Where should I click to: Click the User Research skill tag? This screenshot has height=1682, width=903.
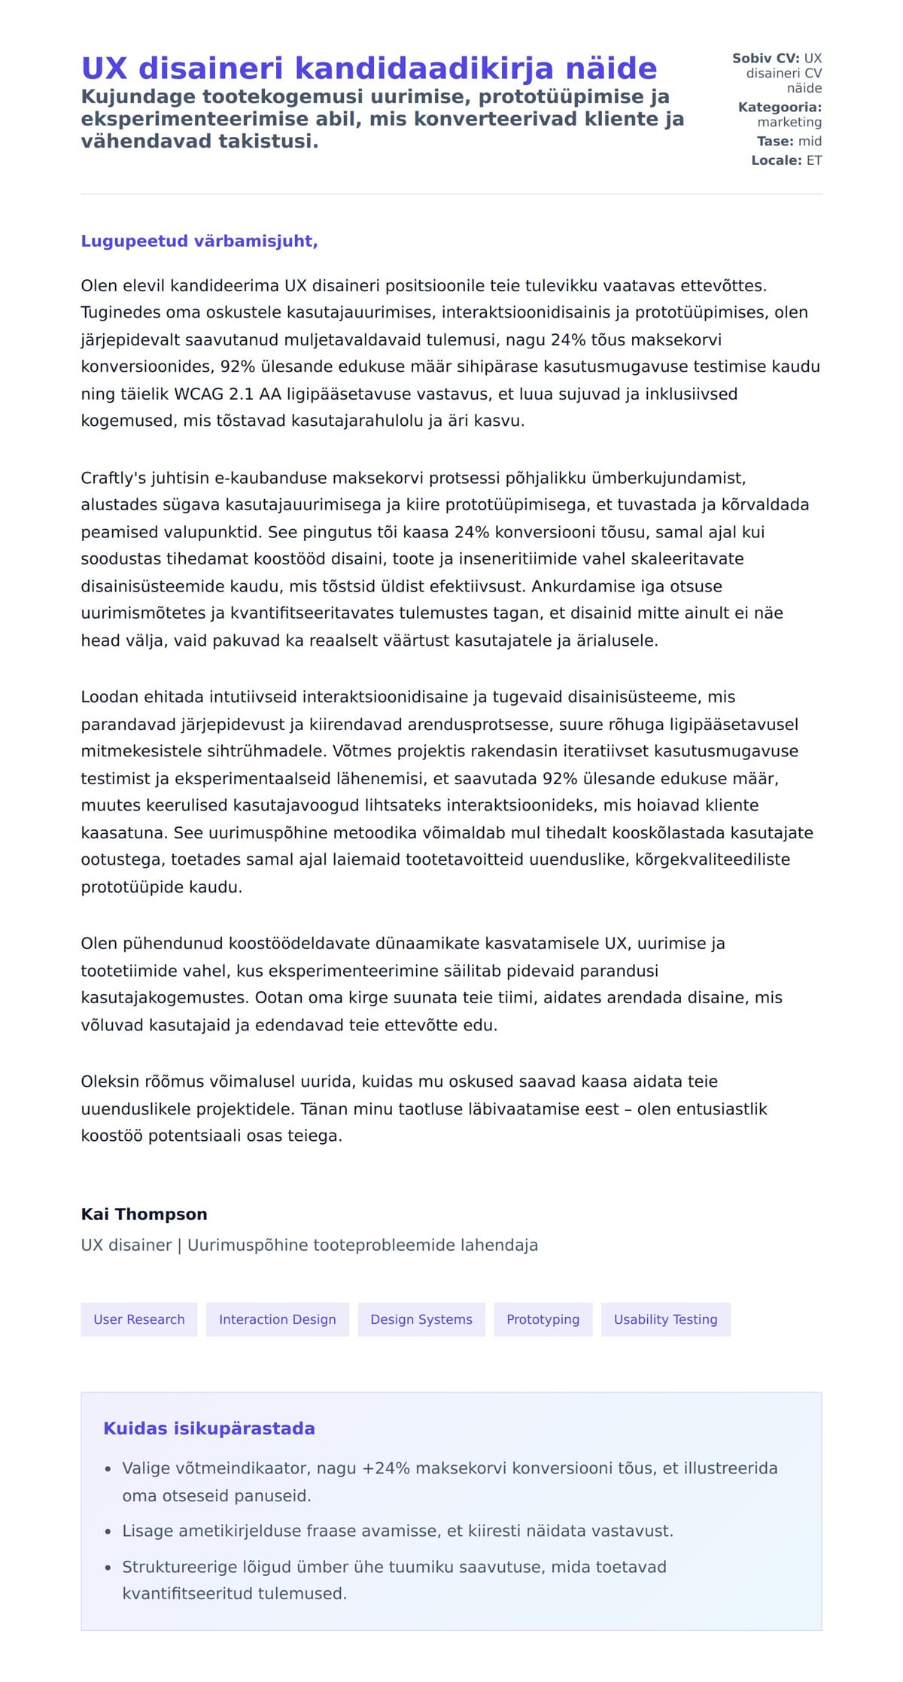click(138, 1319)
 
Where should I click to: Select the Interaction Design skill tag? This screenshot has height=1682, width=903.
click(277, 1319)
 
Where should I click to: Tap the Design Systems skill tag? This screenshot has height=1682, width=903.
click(421, 1319)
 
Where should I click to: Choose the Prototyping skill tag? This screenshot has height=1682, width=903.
click(543, 1319)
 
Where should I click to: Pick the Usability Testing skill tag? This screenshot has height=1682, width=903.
click(665, 1319)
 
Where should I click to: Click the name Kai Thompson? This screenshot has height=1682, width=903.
click(144, 1214)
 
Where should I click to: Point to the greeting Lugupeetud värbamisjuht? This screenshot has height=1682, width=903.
click(199, 241)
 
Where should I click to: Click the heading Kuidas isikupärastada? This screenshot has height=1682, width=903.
click(208, 1428)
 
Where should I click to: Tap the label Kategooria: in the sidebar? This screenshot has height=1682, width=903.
click(780, 107)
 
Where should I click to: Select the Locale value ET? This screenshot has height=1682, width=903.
click(814, 160)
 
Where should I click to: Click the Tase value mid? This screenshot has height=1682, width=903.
click(810, 141)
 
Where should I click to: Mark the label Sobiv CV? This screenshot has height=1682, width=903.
click(765, 58)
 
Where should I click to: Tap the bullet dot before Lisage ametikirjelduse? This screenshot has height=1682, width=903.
click(108, 1531)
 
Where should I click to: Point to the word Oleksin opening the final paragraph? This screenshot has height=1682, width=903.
click(109, 1081)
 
